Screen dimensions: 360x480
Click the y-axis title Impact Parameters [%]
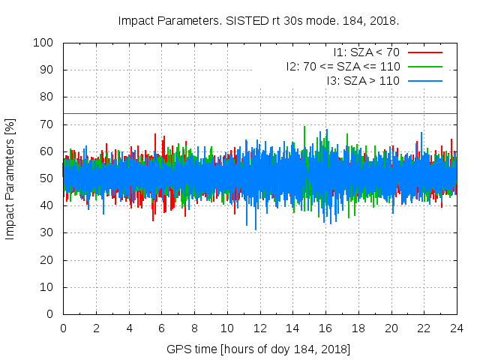pyautogui.click(x=10, y=178)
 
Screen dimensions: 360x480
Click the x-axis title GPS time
pyautogui.click(x=259, y=349)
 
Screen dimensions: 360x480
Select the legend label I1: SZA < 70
pyautogui.click(x=367, y=52)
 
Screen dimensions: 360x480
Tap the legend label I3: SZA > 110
pyautogui.click(x=363, y=79)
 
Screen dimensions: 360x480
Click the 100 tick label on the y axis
pyautogui.click(x=43, y=43)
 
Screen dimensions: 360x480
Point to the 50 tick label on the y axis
pyautogui.click(x=46, y=178)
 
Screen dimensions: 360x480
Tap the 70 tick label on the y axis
pyautogui.click(x=46, y=124)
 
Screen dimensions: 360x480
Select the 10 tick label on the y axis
pyautogui.click(x=46, y=287)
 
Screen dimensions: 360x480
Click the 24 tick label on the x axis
pyautogui.click(x=457, y=328)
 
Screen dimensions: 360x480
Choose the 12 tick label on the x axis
pyautogui.click(x=259, y=328)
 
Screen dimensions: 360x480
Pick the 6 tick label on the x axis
pyautogui.click(x=161, y=328)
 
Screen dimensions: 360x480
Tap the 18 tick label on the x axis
pyautogui.click(x=358, y=328)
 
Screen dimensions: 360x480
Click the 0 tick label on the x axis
pyautogui.click(x=63, y=328)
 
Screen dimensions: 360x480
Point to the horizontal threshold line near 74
pyautogui.click(x=225, y=113)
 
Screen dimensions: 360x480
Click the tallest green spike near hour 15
pyautogui.click(x=304, y=127)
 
